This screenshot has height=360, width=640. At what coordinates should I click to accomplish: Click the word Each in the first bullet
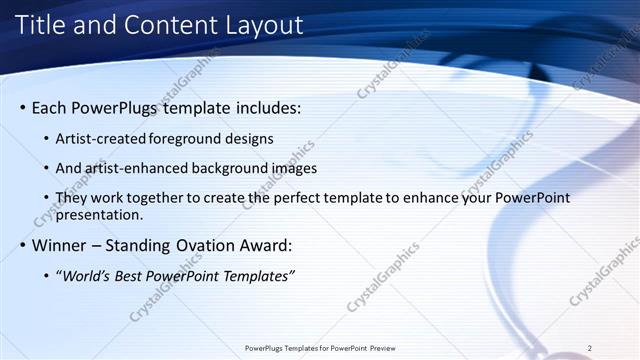[x=51, y=107]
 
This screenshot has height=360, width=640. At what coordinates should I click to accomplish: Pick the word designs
[x=251, y=139]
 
